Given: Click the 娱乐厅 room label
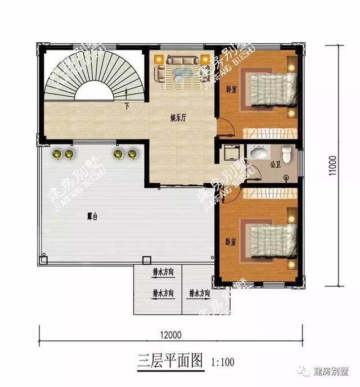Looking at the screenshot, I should [x=178, y=119].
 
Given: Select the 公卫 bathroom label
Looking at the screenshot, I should [x=275, y=165].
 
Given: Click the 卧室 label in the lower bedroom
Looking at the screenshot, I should [x=230, y=241].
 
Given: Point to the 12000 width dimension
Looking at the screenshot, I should [x=173, y=335].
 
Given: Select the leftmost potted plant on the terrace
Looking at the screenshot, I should [x=57, y=154].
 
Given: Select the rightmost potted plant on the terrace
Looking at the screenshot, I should [x=132, y=154].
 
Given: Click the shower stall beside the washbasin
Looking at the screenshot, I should [x=232, y=154].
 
